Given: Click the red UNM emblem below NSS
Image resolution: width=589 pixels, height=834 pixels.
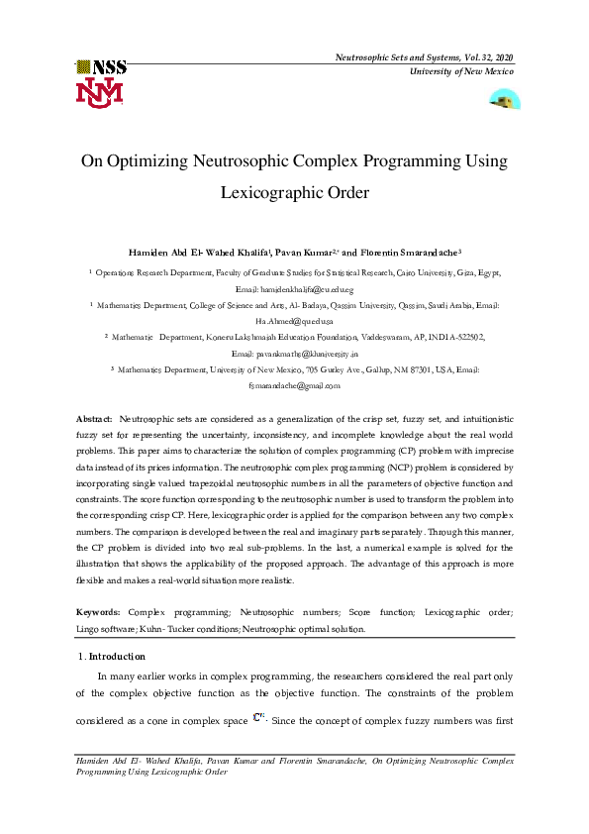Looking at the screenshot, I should click(x=99, y=92).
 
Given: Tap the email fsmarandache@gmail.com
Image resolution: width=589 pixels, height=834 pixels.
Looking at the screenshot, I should click(x=294, y=385).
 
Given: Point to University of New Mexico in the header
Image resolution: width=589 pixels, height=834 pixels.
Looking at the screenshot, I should click(x=463, y=73).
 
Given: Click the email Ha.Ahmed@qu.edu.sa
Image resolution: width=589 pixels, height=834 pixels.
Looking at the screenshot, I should click(x=294, y=321).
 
